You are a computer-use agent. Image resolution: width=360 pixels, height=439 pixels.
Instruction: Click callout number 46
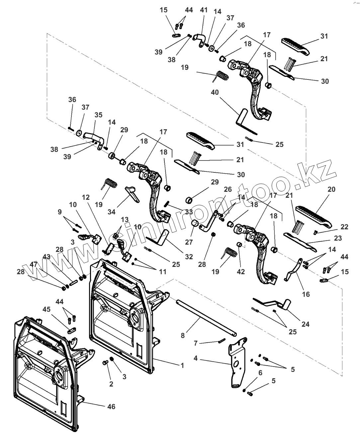112,406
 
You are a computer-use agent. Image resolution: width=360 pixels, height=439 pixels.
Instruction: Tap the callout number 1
182,365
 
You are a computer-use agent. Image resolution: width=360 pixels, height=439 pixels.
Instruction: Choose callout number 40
215,92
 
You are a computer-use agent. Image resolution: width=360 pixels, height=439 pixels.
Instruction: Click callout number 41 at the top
204,10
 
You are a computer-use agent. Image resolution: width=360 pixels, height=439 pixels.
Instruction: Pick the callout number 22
344,227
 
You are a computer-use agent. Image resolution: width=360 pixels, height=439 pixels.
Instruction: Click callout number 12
86,197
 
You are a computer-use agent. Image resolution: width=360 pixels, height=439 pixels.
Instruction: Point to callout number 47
33,265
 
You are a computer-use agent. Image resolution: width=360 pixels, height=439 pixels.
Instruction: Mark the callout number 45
46,309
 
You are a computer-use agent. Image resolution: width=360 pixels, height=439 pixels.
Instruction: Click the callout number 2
111,384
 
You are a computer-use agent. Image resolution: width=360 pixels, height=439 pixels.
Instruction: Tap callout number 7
196,343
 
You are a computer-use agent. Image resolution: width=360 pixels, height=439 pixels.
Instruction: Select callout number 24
305,324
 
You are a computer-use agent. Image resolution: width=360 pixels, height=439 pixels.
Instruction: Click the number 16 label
306,294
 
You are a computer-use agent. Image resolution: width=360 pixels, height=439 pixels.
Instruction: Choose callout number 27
189,242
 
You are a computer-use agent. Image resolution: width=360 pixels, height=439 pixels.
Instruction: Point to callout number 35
98,115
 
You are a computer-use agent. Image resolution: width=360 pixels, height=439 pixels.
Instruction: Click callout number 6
260,373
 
